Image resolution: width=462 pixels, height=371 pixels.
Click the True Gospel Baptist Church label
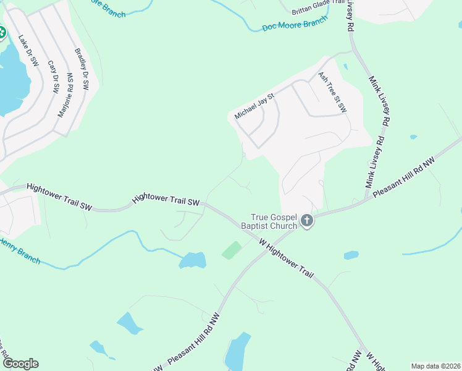pyautogui.click(x=274, y=221)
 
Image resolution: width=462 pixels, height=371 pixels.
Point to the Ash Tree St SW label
pyautogui.click(x=332, y=92)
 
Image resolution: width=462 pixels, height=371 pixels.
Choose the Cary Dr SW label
pyautogui.click(x=53, y=76)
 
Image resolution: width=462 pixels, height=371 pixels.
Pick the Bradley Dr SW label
pyautogui.click(x=82, y=70)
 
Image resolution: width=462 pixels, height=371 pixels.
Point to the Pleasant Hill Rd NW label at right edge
pyautogui.click(x=405, y=177)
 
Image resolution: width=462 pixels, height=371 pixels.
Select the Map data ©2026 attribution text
pyautogui.click(x=435, y=366)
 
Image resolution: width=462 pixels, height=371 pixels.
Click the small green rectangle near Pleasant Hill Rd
pyautogui.click(x=232, y=250)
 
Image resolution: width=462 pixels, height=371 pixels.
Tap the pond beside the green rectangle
pyautogui.click(x=193, y=261)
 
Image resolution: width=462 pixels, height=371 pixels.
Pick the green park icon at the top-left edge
pyautogui.click(x=2, y=32)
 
